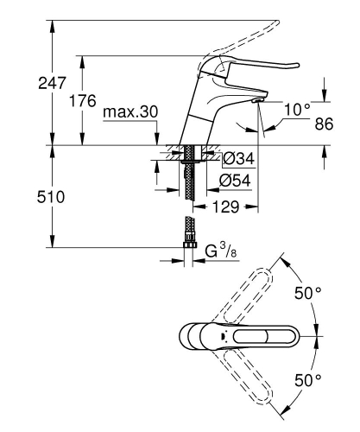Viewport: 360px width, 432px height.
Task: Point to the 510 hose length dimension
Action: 27,197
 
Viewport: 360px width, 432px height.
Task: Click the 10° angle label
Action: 296,109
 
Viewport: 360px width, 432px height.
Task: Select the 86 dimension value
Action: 323,124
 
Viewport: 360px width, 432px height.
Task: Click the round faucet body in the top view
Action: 193,336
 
